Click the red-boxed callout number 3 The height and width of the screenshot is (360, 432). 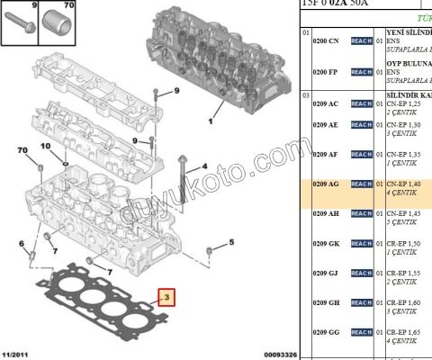pos(164,298)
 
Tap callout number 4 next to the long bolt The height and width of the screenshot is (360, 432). pos(204,166)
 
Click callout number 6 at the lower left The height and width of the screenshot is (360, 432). pos(22,244)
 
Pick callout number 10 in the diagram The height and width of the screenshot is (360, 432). pos(45,146)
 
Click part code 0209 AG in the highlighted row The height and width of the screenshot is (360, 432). pos(326,184)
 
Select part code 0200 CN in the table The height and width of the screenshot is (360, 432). pos(326,41)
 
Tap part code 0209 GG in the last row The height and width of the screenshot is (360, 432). pos(326,332)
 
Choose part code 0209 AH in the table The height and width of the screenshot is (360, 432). pos(326,214)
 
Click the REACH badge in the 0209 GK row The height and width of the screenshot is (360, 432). pos(361,244)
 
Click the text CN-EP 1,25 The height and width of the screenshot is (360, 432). pos(403,103)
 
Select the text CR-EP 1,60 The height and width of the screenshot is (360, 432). pos(403,302)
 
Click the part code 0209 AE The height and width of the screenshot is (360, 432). pos(326,125)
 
